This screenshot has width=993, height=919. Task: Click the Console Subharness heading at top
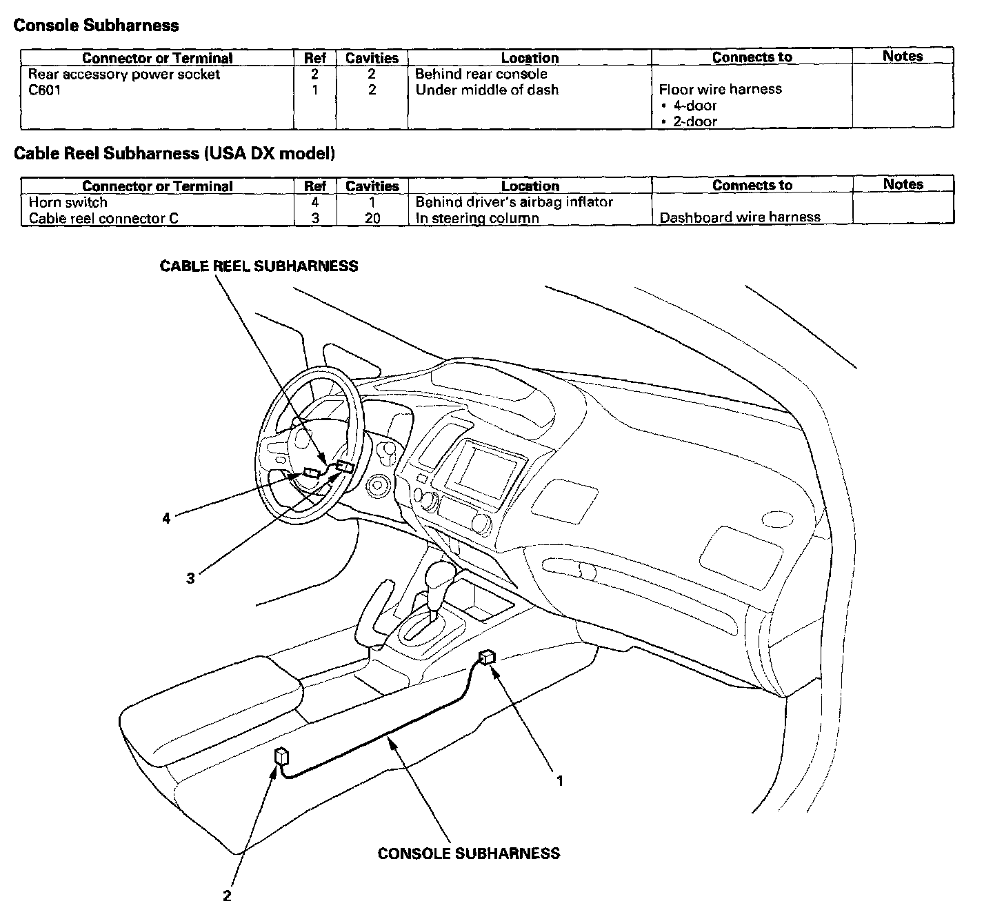[x=96, y=26]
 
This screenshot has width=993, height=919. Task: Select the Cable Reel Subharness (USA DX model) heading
[x=174, y=153]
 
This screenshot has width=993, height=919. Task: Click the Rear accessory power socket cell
[x=124, y=74]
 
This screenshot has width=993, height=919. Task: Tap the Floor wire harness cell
[x=720, y=89]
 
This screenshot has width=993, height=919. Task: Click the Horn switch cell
[x=68, y=202]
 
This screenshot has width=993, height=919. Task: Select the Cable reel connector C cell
[x=103, y=218]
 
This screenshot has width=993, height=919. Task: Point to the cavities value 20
[x=372, y=218]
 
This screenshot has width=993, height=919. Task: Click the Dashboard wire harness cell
[x=740, y=217]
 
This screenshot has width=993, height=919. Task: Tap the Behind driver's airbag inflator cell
[x=514, y=202]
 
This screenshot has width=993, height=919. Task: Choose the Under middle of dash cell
[x=487, y=90]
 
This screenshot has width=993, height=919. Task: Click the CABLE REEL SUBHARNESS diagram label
[x=259, y=266]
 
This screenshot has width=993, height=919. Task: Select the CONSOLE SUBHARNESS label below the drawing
[x=468, y=853]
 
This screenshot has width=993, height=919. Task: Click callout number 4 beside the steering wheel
[x=166, y=517]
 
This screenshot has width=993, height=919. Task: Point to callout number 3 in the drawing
[x=190, y=578]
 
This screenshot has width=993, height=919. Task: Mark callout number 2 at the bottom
[x=227, y=896]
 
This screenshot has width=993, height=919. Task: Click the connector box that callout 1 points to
[x=488, y=657]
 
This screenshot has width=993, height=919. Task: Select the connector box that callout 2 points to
[x=281, y=755]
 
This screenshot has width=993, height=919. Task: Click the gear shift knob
[x=439, y=575]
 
